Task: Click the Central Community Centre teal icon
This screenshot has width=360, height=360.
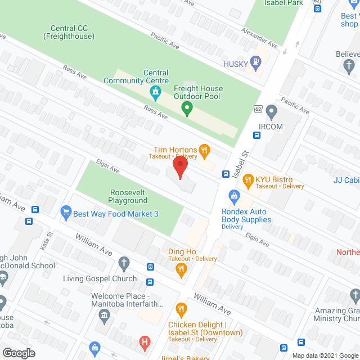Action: (x=157, y=91)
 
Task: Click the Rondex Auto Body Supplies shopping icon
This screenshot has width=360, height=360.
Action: (x=233, y=196)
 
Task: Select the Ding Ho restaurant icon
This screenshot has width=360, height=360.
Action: (x=181, y=269)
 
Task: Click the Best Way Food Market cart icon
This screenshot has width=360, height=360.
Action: (x=66, y=212)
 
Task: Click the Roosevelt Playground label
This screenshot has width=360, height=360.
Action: (x=129, y=196)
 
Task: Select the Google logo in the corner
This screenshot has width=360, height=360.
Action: (x=18, y=353)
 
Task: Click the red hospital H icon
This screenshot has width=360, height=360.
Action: (x=145, y=341)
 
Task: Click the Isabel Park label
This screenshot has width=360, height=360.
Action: (x=284, y=3)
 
